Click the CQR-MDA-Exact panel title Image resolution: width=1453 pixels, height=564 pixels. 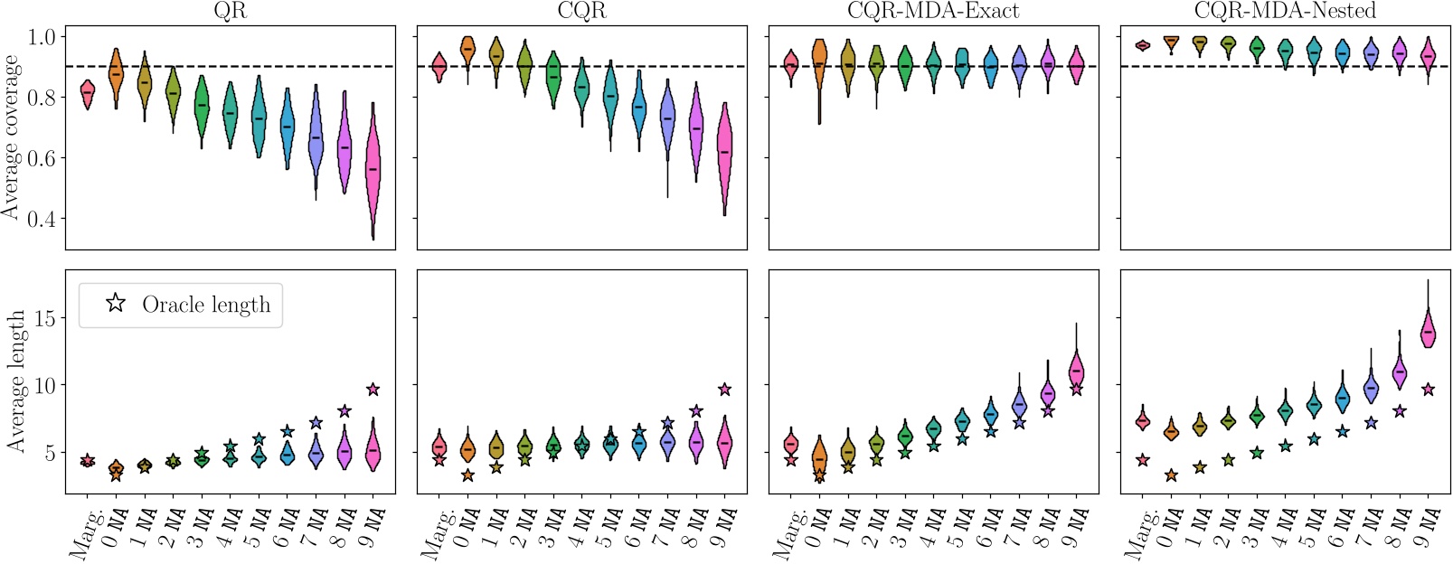pos(933,11)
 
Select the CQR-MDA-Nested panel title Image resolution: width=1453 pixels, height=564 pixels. pos(1285,11)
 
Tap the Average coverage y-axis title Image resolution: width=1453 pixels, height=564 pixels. pos(11,136)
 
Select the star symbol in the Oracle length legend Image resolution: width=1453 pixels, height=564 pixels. pos(116,305)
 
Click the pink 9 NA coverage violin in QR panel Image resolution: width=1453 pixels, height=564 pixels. pos(373,172)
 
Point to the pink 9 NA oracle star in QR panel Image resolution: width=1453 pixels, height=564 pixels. pos(373,390)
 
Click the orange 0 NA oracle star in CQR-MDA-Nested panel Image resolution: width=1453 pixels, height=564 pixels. pos(1171,475)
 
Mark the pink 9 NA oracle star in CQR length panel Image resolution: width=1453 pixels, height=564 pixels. pos(724,390)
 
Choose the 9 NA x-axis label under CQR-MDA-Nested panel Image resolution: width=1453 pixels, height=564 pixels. pos(1423,529)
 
